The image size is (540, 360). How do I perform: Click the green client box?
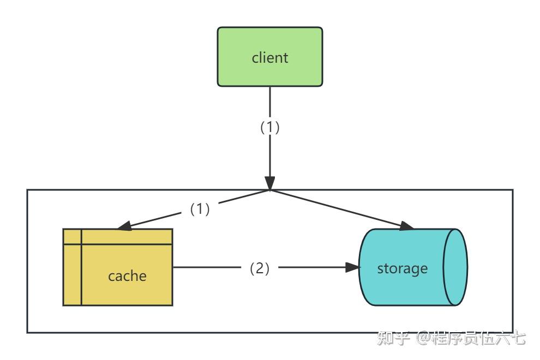click(269, 57)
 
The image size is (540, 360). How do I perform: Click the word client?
click(269, 57)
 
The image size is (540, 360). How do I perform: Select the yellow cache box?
click(118, 267)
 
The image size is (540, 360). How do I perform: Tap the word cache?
click(127, 276)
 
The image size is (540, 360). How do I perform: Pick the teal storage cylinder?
click(413, 267)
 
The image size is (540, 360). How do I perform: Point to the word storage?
click(402, 269)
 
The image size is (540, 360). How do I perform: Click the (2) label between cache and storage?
click(259, 268)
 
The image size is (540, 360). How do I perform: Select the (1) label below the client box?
click(269, 127)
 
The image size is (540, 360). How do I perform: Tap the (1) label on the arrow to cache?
click(200, 209)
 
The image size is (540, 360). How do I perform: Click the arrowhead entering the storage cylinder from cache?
click(352, 267)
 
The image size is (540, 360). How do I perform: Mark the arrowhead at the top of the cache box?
click(124, 226)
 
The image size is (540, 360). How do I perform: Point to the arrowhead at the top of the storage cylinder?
click(407, 226)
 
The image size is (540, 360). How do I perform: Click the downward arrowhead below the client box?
click(269, 183)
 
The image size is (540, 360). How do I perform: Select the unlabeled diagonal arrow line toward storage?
click(341, 209)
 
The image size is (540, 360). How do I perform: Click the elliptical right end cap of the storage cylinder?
click(455, 267)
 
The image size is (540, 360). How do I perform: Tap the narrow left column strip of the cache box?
click(73, 267)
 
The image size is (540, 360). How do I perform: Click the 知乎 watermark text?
click(393, 338)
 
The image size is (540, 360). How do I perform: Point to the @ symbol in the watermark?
click(424, 338)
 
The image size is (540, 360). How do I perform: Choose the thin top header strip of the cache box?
click(118, 236)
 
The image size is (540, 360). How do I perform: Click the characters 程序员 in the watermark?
click(457, 338)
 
